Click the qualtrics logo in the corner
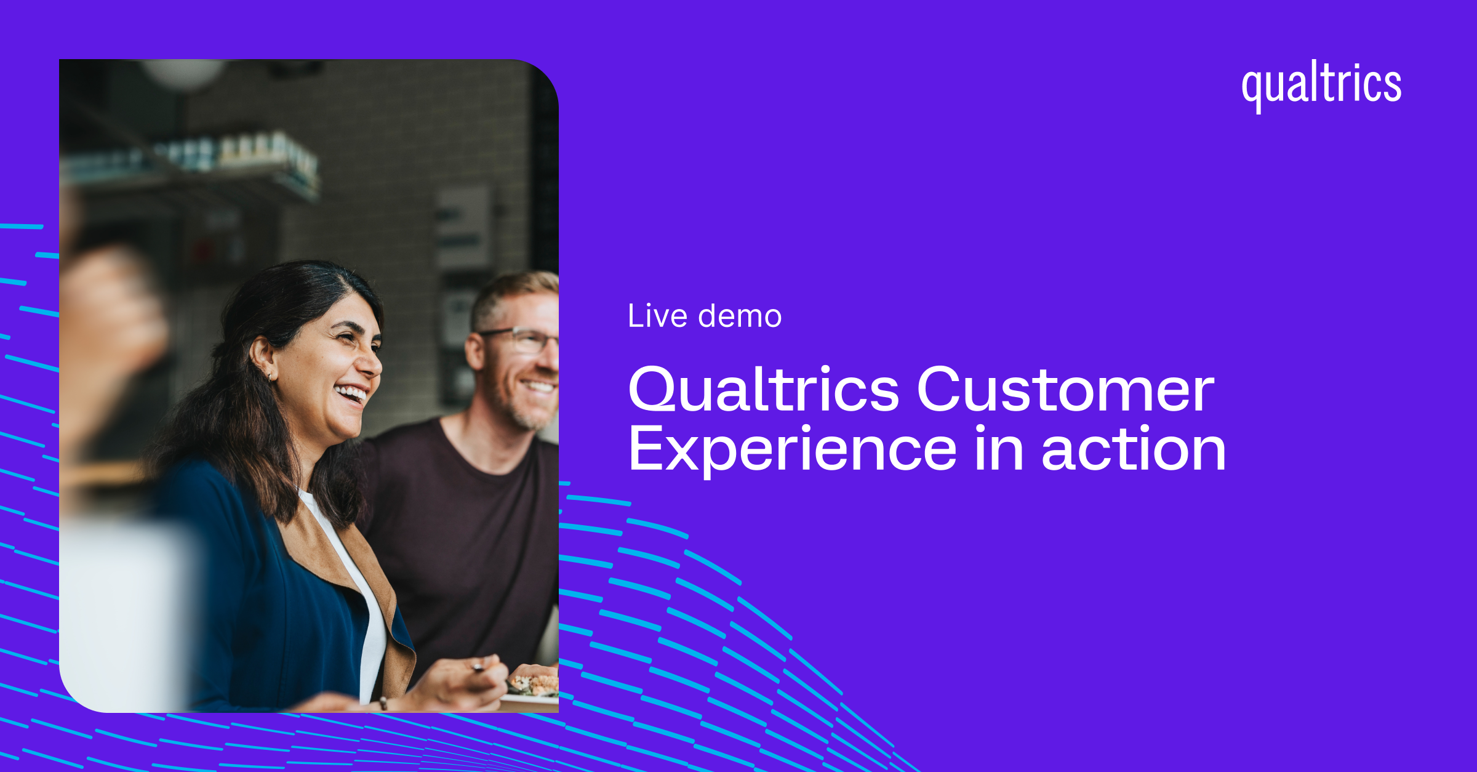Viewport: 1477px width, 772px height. pos(1321,86)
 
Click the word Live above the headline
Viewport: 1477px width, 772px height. pos(658,316)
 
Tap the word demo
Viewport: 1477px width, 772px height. pos(740,316)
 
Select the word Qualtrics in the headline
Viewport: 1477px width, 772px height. pos(764,389)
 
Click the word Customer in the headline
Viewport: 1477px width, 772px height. pos(1066,389)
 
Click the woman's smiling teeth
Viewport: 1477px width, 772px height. pos(351,393)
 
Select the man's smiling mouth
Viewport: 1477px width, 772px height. pos(538,386)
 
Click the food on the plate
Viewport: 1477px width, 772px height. pos(533,682)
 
